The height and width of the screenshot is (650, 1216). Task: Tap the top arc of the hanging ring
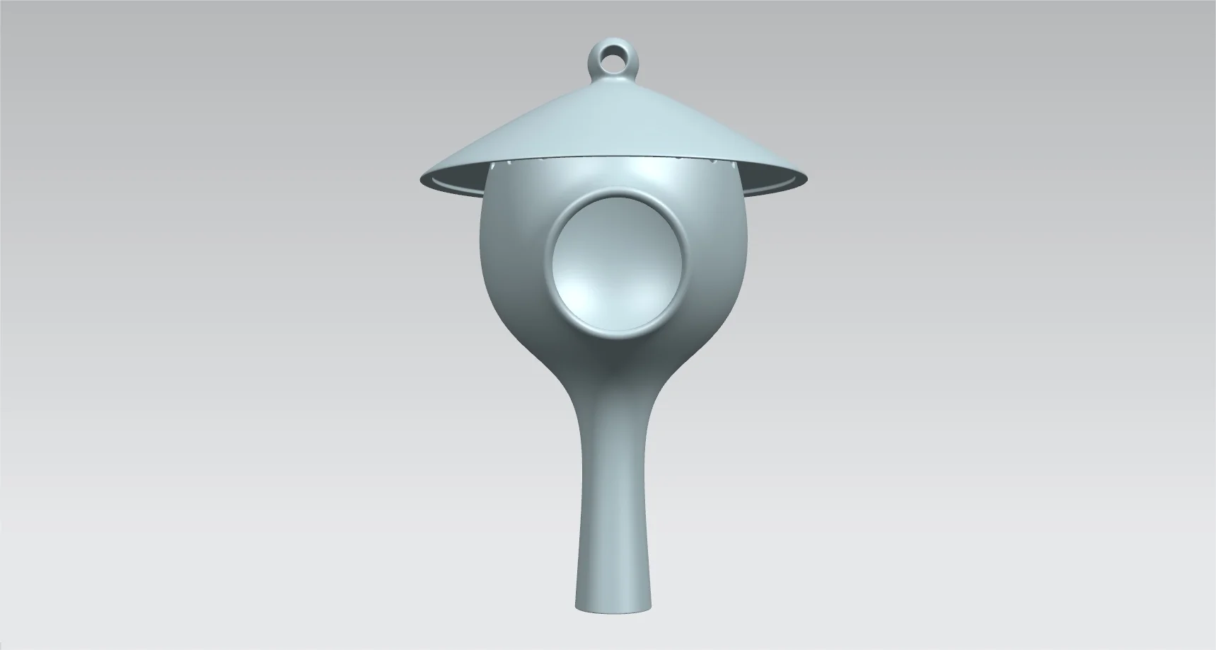(613, 44)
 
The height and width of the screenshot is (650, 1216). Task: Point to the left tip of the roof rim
(423, 178)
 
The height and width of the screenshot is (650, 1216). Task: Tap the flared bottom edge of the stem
(613, 608)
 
